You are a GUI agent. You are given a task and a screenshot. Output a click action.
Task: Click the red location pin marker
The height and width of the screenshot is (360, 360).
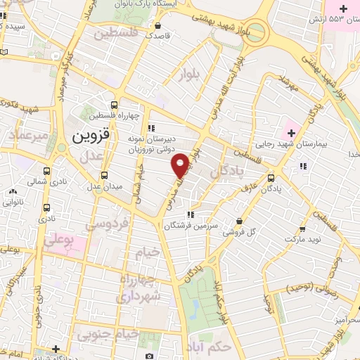[181, 165]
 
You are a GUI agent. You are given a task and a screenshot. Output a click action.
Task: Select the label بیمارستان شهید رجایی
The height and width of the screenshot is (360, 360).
[324, 146]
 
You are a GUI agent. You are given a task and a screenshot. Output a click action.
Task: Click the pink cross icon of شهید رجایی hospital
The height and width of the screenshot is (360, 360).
[290, 133]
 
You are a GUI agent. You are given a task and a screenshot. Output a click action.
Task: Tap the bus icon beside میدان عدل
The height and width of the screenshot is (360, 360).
[105, 175]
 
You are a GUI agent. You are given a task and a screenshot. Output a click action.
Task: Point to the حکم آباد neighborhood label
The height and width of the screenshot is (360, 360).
[210, 347]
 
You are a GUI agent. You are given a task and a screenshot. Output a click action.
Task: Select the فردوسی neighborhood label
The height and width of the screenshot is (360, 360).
[105, 224]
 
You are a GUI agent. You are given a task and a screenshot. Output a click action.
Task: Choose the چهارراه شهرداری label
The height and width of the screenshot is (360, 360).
[141, 288]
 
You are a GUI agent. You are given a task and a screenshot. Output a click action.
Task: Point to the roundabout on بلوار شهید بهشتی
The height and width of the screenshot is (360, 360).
[256, 32]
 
